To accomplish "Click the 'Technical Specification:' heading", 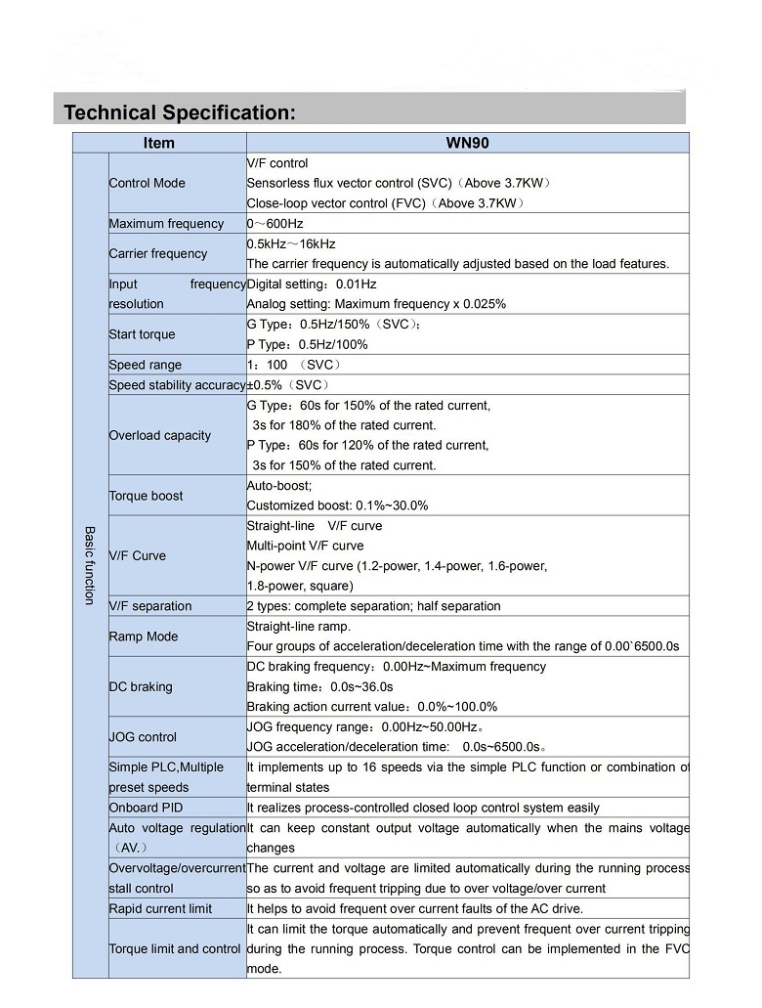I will (x=179, y=112).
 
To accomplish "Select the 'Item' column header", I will (x=158, y=143).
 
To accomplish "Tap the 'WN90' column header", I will (x=467, y=143).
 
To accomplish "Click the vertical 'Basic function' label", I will (x=89, y=565).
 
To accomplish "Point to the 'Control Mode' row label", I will (x=147, y=183).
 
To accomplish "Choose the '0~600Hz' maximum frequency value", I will (x=275, y=224).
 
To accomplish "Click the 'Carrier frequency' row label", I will (x=157, y=253).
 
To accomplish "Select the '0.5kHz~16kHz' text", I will (x=291, y=243).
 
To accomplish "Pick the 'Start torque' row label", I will (x=142, y=334).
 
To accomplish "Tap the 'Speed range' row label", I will (x=145, y=365).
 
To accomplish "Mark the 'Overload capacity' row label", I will (x=159, y=435).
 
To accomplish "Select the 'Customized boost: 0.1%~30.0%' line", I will (x=337, y=505).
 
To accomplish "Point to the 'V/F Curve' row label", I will (x=137, y=555).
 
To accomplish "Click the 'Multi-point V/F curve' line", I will (x=305, y=546).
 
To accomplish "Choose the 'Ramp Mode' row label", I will (x=143, y=636).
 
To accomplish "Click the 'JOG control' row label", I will (x=143, y=737).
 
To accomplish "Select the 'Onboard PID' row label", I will (x=146, y=808).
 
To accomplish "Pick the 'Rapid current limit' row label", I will (x=160, y=908).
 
